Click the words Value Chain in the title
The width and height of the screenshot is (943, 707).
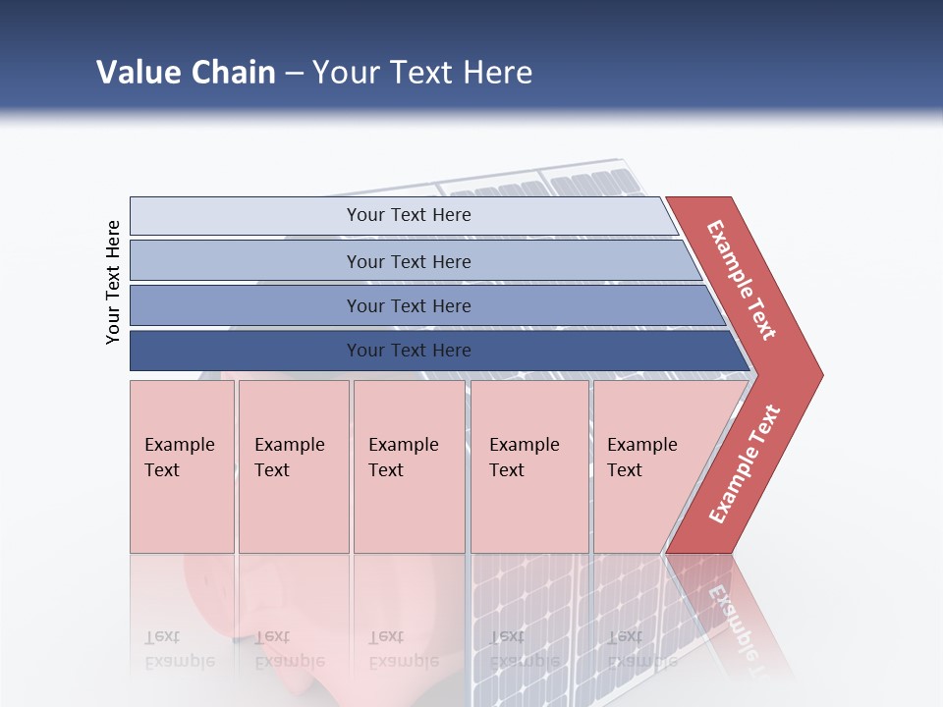[x=186, y=73]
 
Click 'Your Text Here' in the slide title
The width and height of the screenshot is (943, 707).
[x=422, y=73]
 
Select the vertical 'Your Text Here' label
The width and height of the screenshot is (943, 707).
[x=114, y=282]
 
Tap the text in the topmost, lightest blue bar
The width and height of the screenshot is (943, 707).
[x=409, y=215]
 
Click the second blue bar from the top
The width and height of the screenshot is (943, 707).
[x=409, y=261]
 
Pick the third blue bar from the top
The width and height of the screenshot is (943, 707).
[x=409, y=306]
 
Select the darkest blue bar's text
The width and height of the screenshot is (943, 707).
[x=409, y=351]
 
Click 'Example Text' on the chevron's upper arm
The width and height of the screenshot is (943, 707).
[x=742, y=280]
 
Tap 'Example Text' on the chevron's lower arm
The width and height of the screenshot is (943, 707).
[x=745, y=464]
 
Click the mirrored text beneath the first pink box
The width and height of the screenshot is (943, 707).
[x=180, y=649]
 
